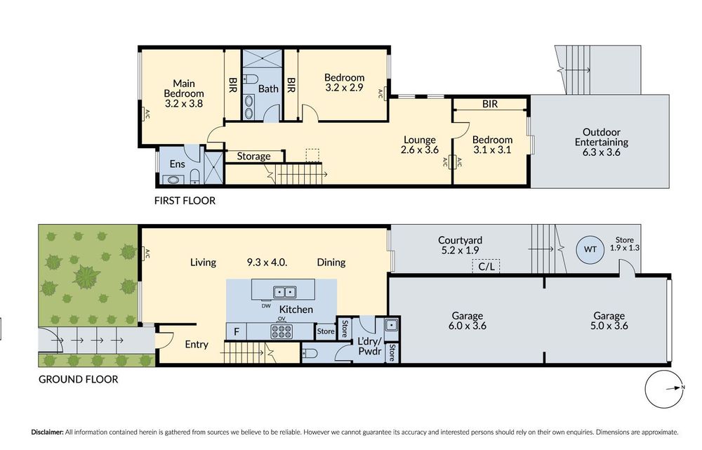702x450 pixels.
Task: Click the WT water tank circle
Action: (590, 249)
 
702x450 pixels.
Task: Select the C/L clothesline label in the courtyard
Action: (486, 267)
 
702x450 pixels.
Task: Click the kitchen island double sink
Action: (284, 292)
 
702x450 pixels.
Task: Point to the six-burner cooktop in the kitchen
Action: (282, 331)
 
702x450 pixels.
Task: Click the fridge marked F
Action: (237, 332)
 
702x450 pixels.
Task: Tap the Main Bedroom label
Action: (183, 93)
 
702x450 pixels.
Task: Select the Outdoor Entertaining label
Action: (602, 142)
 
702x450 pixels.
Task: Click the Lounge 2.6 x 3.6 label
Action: (420, 145)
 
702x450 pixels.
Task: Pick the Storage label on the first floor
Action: (253, 157)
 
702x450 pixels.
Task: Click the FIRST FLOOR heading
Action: (185, 201)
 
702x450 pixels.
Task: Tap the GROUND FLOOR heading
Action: (79, 379)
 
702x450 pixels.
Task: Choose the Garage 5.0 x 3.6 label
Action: (609, 321)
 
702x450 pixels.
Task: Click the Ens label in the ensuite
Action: (178, 164)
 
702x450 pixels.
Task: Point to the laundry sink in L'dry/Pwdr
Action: (391, 324)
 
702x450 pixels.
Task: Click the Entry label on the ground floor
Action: (197, 344)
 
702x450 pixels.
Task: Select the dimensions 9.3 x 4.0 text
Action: (267, 263)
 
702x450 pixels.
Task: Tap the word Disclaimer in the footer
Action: (47, 432)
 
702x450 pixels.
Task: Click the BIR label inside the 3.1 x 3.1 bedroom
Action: (490, 104)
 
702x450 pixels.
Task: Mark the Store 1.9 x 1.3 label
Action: (625, 244)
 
